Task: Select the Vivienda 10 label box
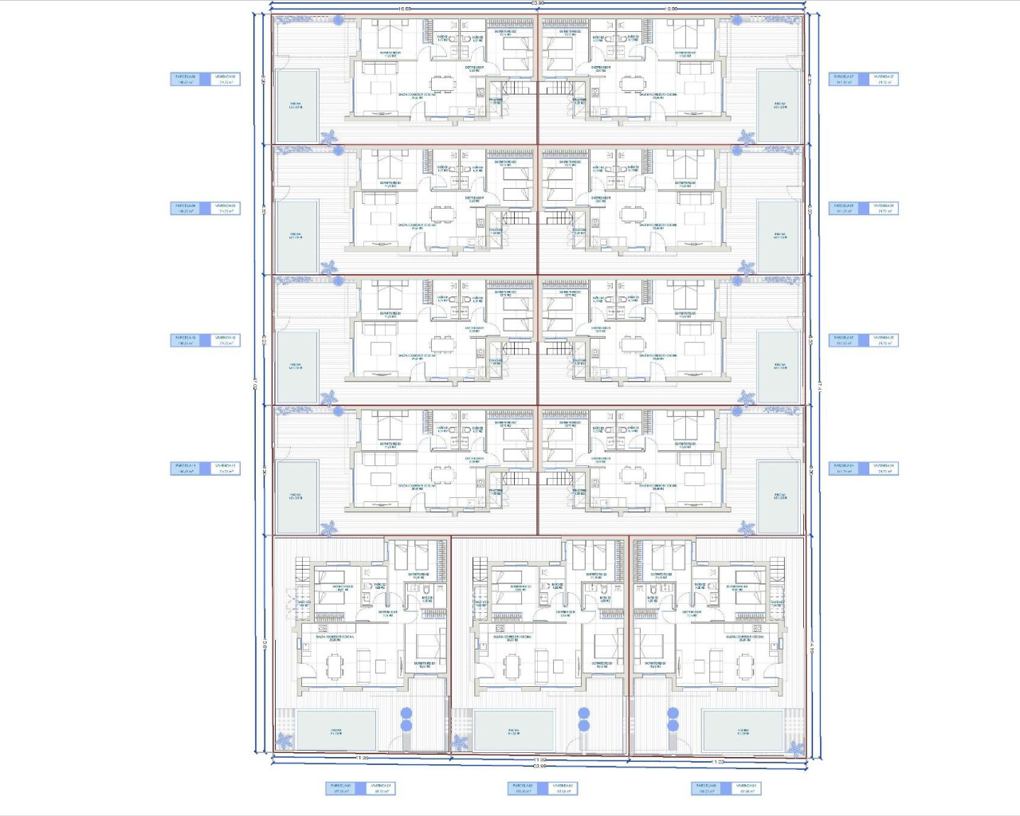click(x=226, y=340)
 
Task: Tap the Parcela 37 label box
click(x=844, y=79)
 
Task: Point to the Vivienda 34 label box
click(x=884, y=469)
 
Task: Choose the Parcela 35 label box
click(x=844, y=340)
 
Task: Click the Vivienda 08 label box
click(x=226, y=79)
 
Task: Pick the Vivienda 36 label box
click(x=884, y=208)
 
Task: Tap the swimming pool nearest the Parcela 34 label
click(x=779, y=496)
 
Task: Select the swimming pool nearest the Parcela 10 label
click(x=296, y=367)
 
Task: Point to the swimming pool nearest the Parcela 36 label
click(x=779, y=236)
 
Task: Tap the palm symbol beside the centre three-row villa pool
click(x=461, y=743)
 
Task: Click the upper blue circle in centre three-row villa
click(x=584, y=713)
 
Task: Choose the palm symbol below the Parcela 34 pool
click(x=746, y=528)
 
